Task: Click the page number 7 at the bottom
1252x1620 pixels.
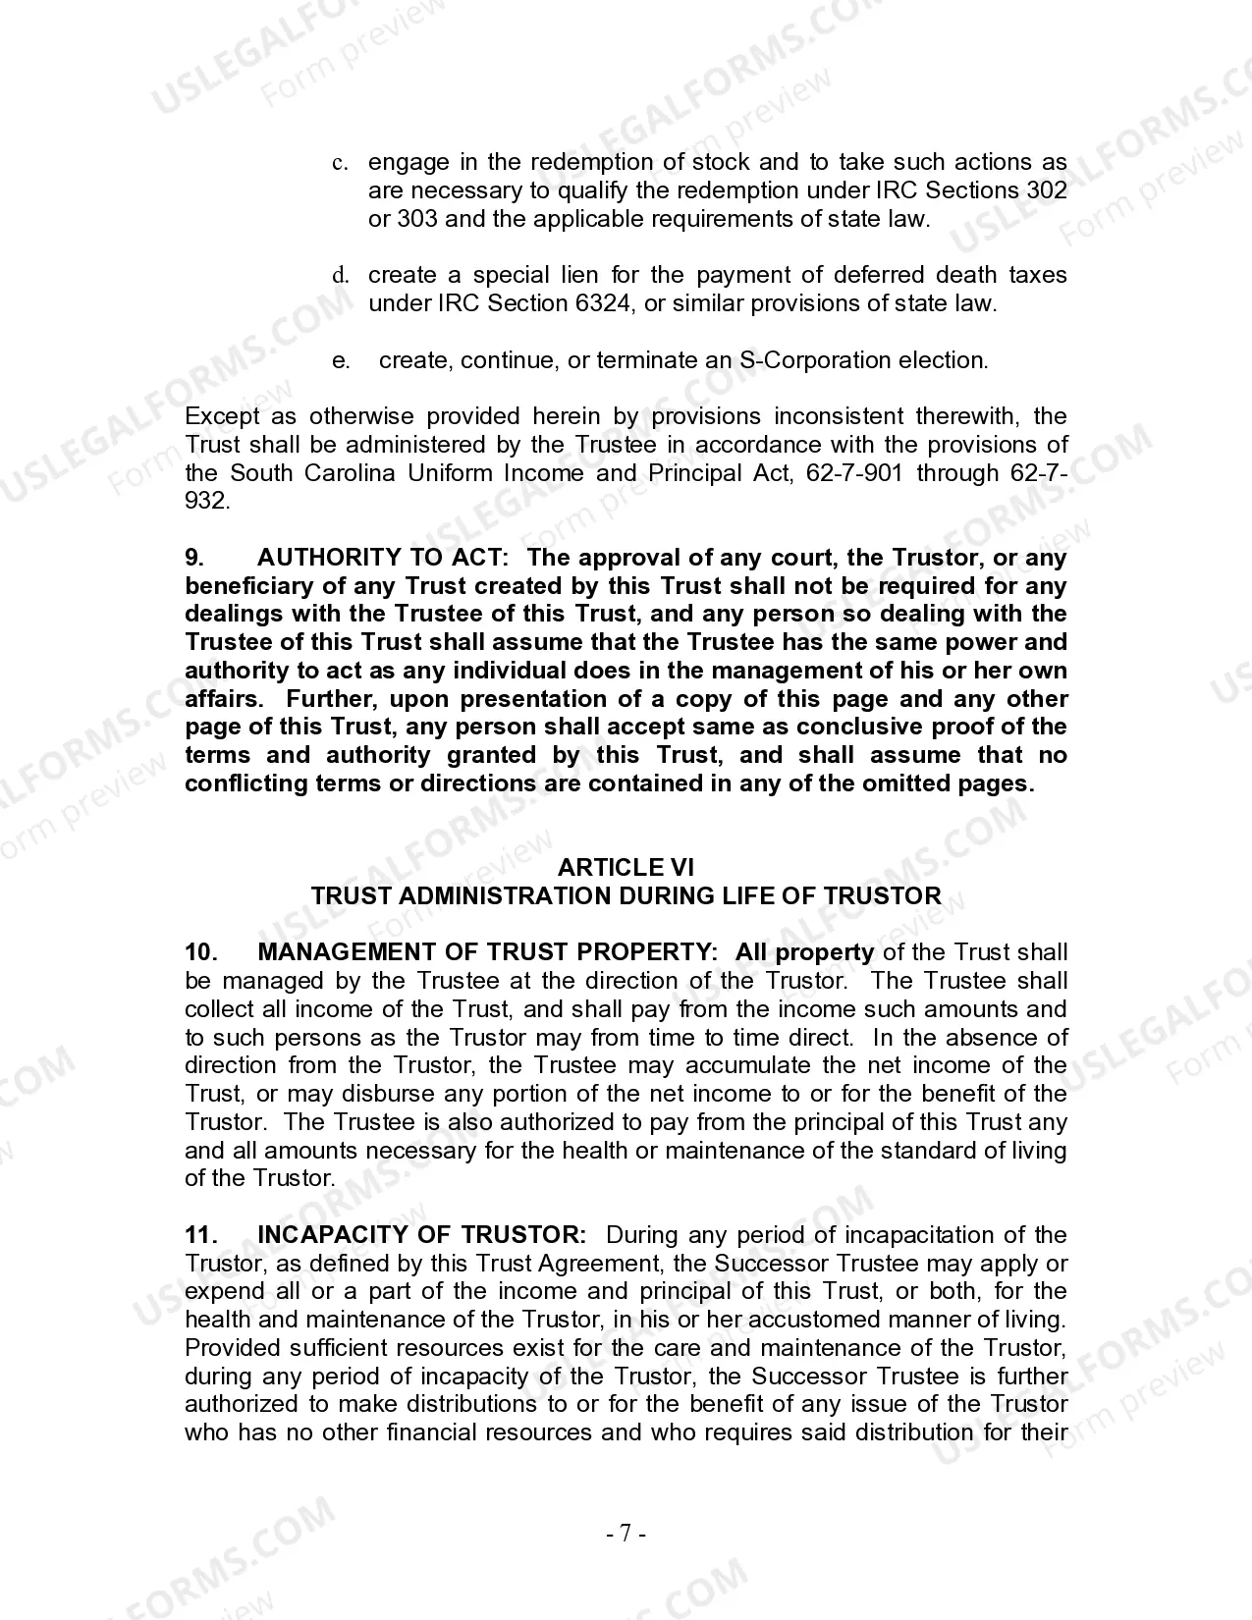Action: coord(626,1533)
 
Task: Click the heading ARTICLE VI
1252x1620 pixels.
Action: coord(626,867)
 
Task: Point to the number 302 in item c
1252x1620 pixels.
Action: coord(1045,189)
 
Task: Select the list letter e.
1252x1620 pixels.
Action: coord(341,361)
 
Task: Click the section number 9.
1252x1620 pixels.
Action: coord(194,558)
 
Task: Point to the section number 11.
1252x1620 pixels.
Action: coord(200,1235)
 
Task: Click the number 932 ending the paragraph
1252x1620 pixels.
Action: coord(207,502)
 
